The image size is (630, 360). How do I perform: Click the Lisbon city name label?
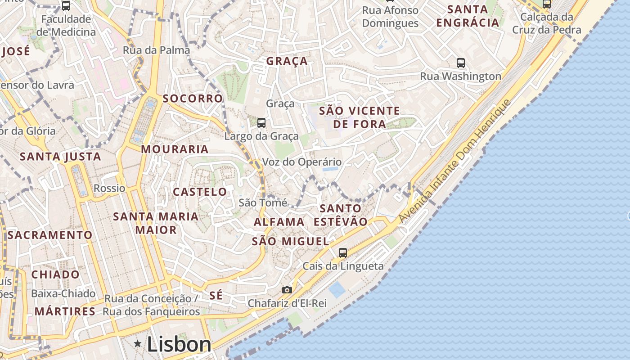coord(179,345)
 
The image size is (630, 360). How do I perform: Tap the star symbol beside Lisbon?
coord(138,344)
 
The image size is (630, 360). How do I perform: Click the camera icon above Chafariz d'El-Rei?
coord(287,290)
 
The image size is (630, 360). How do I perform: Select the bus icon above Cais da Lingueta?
coord(343,252)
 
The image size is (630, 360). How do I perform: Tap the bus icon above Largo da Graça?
coord(261,122)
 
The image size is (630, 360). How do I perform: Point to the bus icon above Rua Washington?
coord(460,63)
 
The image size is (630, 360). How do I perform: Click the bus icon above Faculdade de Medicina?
coord(66,6)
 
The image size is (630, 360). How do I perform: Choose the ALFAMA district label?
coord(279,222)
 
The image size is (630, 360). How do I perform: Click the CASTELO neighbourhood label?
coord(200,192)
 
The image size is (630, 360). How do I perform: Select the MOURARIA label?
coord(175,149)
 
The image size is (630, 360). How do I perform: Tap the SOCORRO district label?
coord(193,99)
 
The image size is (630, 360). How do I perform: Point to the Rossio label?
coord(109,188)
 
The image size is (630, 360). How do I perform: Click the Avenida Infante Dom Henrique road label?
coord(455,161)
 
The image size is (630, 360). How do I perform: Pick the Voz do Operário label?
coord(302,162)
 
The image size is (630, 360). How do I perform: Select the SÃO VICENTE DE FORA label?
coord(359,117)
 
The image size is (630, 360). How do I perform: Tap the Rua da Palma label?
coord(157,50)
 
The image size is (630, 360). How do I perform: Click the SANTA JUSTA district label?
coord(60,157)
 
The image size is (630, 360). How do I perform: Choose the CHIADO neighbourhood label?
coord(55,274)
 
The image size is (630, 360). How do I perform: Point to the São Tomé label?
coord(263,203)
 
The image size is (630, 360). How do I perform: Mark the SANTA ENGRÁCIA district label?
coord(468,16)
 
